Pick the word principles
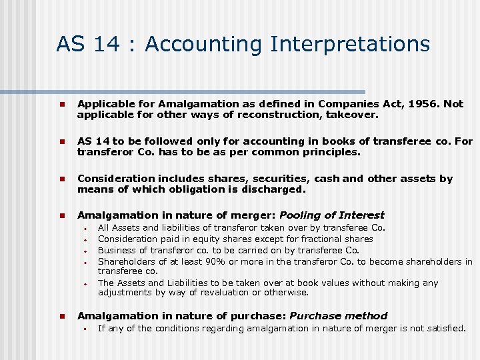[330, 152]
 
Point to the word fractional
[319, 239]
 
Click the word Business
[118, 250]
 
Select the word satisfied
[445, 327]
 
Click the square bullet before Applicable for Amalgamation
[60, 105]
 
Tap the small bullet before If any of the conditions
[85, 328]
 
